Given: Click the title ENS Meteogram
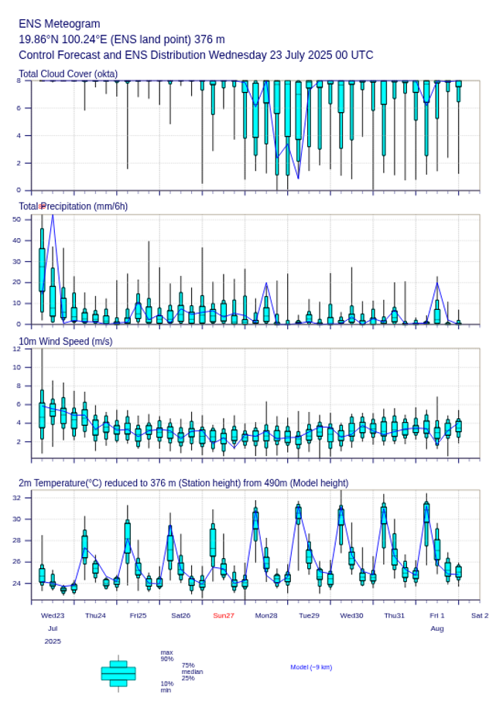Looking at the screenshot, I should [59, 24].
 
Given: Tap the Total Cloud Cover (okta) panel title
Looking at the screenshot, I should [68, 74].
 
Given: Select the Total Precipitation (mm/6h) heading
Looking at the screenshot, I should [74, 206].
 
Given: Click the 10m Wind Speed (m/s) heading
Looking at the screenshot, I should [65, 341].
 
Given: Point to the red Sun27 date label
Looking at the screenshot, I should [224, 615].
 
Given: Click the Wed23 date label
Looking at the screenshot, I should [53, 615].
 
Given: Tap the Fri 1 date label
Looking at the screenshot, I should [437, 615].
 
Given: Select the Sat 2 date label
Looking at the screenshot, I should [480, 615].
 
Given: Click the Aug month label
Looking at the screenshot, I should [437, 628].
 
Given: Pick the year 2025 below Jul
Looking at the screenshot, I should [53, 642].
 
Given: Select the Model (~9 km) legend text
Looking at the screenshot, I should [311, 667].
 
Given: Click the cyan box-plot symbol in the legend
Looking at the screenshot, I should [118, 673].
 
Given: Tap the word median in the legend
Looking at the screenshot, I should [192, 672].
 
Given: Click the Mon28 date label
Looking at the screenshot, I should [266, 615].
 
